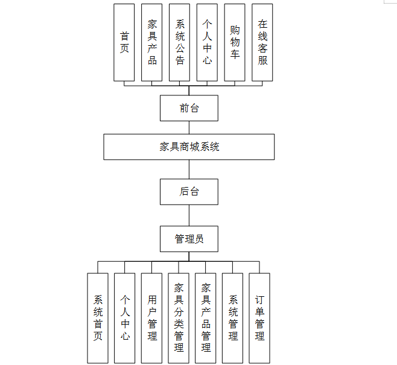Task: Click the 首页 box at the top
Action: [x=124, y=42]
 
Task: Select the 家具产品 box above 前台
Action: [x=152, y=42]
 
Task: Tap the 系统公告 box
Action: [x=180, y=42]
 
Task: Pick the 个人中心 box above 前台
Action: [x=207, y=42]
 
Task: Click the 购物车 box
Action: [x=235, y=42]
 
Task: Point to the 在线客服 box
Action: [x=262, y=42]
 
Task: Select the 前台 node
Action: [x=189, y=108]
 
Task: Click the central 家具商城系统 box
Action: [x=189, y=147]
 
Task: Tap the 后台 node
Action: [x=189, y=192]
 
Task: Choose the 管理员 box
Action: [x=189, y=239]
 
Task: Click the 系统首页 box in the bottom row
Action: [x=98, y=318]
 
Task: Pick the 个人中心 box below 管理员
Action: [x=125, y=318]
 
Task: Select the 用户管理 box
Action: [x=152, y=318]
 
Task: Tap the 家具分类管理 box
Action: [x=179, y=318]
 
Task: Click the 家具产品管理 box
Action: [x=206, y=318]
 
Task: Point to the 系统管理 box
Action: [x=233, y=318]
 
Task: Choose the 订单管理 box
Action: [x=259, y=318]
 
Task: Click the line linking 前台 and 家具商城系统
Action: [x=189, y=127]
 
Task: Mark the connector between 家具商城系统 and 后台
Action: [x=189, y=169]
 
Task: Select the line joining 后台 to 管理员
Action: [x=189, y=215]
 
